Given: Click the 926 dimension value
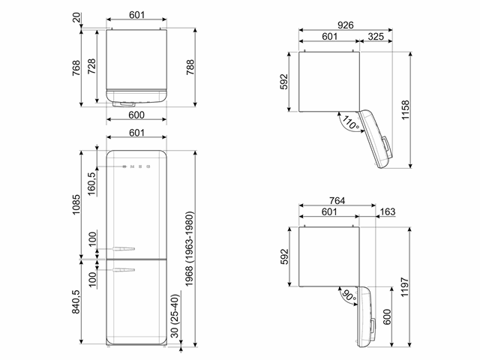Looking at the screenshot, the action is coord(345,25).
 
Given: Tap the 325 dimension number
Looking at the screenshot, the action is coord(376,37).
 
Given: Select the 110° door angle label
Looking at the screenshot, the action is coord(350,122).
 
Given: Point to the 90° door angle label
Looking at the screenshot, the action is coord(349,295).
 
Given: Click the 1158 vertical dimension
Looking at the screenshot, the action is coord(405,110).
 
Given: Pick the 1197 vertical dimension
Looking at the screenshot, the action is coord(405,287).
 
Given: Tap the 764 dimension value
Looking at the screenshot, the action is coord(337,200).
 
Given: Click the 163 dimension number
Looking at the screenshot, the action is coord(388,211).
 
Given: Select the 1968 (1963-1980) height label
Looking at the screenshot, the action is coord(189,249).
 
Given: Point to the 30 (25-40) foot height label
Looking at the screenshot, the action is coord(175,316).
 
